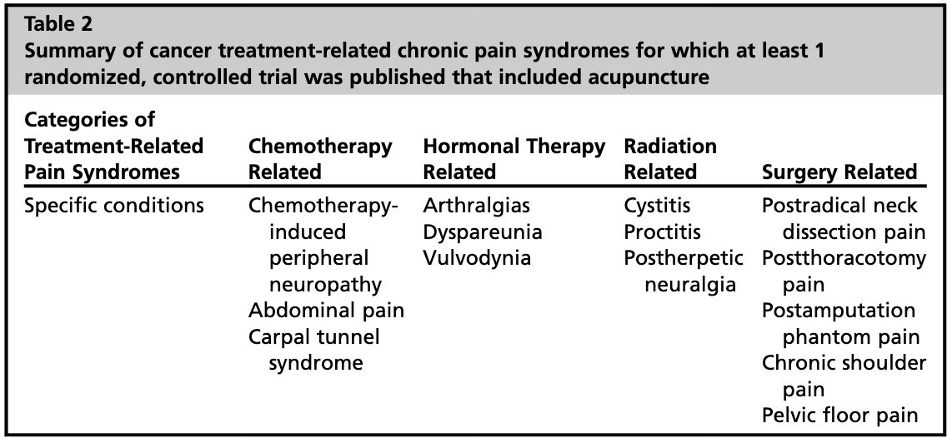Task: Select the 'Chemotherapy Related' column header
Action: point(320,159)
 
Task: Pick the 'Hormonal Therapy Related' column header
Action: point(514,159)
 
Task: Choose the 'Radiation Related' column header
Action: point(669,159)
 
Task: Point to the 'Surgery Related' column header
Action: point(839,172)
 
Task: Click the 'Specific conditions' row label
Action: point(114,205)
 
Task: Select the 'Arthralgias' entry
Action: point(476,205)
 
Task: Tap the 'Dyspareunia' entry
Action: point(482,231)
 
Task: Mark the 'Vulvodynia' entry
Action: point(476,257)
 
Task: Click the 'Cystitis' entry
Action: point(657,205)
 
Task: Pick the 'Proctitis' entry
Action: point(662,231)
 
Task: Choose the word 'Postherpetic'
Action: point(684,257)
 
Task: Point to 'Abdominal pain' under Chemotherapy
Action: point(325,311)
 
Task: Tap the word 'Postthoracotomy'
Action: point(844,257)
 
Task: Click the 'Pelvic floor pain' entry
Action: point(840,416)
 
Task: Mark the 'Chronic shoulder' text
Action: point(844,363)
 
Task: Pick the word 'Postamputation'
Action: point(838,311)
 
